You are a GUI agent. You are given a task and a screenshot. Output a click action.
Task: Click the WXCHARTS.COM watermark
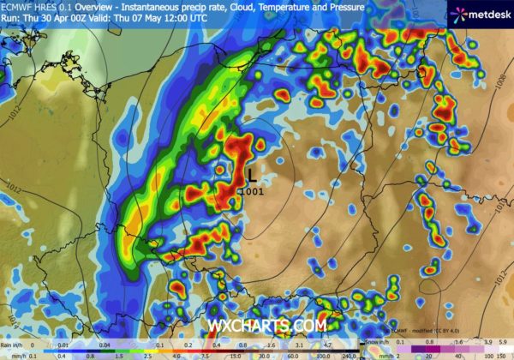click(x=266, y=326)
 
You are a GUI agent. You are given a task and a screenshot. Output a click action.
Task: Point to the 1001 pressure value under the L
click(x=252, y=190)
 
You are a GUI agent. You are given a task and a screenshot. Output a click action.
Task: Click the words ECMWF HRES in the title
click(x=31, y=6)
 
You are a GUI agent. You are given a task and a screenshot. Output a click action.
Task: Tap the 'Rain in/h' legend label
click(x=14, y=342)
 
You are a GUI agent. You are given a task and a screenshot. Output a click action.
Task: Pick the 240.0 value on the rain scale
click(x=346, y=353)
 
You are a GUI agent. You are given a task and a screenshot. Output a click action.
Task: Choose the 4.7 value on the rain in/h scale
click(x=330, y=342)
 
